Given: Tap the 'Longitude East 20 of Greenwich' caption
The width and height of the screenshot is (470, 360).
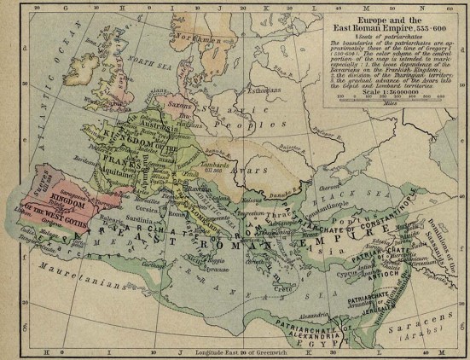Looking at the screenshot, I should (x=242, y=352).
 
